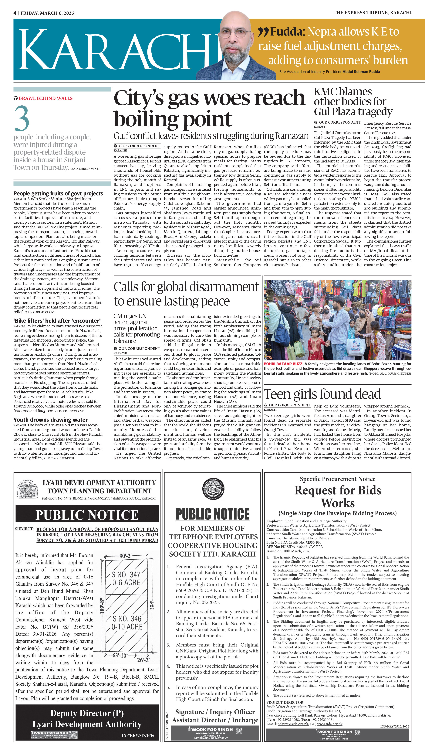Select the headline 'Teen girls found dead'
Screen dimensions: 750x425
pyautogui.click(x=322, y=394)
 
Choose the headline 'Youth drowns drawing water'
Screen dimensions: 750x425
pyautogui.click(x=50, y=420)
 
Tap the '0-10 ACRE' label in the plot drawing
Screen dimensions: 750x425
pyautogui.click(x=127, y=627)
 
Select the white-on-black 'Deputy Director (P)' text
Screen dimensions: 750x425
pyautogui.click(x=87, y=713)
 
